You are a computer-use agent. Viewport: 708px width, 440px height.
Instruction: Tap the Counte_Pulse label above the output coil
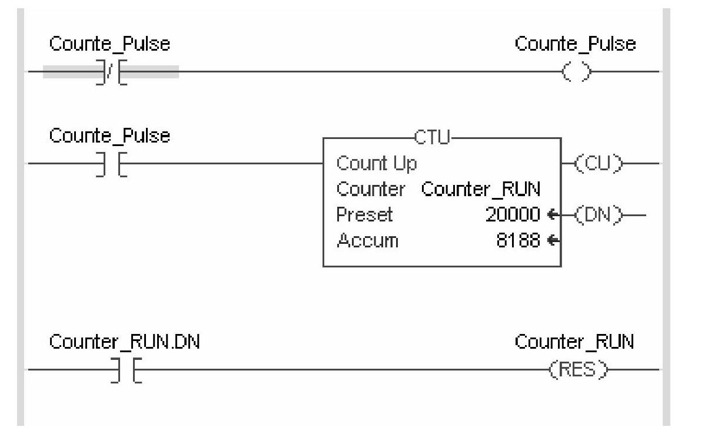575,44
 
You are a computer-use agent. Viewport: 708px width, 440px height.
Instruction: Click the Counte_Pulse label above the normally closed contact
109,44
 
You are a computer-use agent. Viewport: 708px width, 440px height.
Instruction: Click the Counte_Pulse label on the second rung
109,136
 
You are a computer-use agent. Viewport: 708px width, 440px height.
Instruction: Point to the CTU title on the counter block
432,138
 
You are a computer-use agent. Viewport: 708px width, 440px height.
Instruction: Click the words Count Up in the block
377,163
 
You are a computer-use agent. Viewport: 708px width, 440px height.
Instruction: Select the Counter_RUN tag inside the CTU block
481,190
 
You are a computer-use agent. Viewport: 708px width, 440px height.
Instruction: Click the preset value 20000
512,215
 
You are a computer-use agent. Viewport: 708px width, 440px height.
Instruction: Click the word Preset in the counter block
364,215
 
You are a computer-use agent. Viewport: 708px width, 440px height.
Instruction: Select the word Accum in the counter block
367,241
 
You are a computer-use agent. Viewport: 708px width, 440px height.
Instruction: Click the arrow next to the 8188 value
553,241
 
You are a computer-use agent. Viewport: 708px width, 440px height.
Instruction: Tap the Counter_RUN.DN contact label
125,342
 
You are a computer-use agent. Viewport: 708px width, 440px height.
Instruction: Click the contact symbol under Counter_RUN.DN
125,370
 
